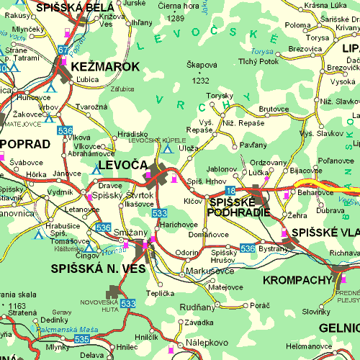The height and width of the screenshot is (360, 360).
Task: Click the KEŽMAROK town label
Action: click(x=105, y=66)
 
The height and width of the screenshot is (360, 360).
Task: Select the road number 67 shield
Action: click(x=63, y=50)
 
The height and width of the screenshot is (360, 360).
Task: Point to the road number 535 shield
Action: click(x=81, y=338)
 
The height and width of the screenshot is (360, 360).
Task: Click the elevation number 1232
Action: click(x=201, y=81)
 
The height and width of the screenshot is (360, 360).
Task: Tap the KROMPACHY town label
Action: click(x=295, y=279)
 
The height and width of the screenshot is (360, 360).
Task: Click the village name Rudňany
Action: click(x=196, y=307)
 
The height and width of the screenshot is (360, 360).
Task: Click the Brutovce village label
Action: click(x=273, y=109)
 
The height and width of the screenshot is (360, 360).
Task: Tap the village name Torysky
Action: click(x=219, y=96)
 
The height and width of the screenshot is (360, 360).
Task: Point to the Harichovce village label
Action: click(x=179, y=225)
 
